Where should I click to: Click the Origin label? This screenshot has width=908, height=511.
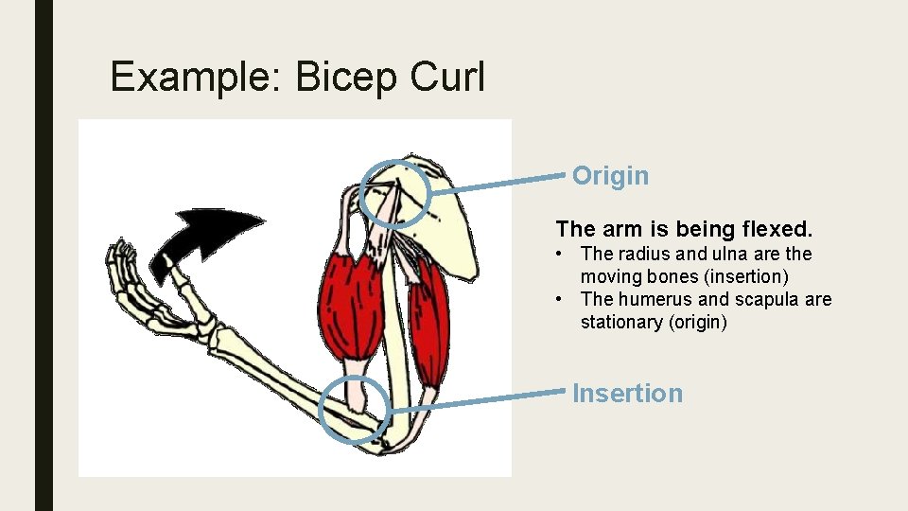point(611,176)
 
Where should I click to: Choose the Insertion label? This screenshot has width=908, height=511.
point(627,394)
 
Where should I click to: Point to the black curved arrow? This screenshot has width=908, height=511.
point(203,237)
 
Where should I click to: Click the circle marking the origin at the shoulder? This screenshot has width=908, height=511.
point(394,194)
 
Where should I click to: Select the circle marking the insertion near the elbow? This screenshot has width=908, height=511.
point(355,410)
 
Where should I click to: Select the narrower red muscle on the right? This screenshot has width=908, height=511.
point(428,322)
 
